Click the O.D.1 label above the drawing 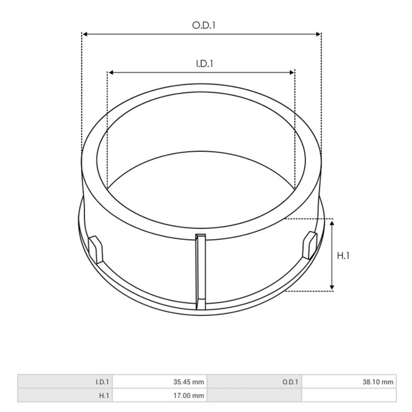204,25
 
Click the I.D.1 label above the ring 205,64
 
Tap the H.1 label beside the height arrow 343,255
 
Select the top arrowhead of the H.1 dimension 332,224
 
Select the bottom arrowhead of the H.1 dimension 332,286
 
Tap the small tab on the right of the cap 310,244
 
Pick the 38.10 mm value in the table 378,382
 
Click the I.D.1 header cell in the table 102,382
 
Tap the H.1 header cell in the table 104,396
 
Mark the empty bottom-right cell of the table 348,396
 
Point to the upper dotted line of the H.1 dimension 309,218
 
